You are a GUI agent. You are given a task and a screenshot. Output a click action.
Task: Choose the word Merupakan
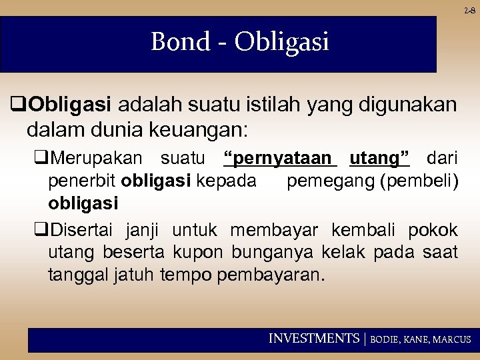[x=95, y=158]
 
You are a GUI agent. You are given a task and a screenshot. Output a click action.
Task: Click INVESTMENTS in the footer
[x=313, y=339]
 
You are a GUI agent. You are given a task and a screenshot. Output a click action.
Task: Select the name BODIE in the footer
[x=386, y=339]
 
